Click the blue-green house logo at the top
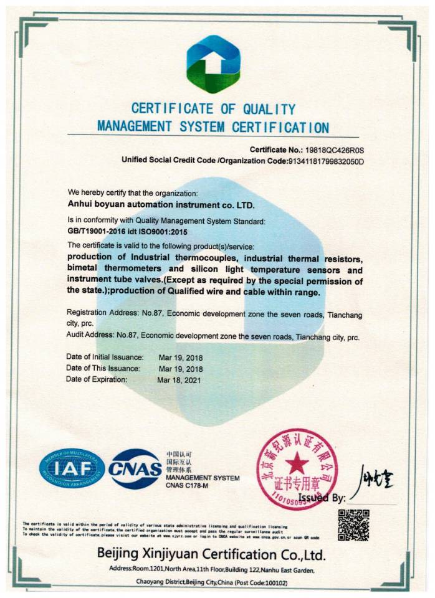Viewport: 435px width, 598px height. coord(214,64)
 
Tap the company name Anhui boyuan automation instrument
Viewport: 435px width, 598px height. coord(161,203)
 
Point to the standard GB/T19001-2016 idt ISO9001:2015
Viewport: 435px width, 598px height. coord(127,231)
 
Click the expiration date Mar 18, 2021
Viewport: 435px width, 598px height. coord(180,379)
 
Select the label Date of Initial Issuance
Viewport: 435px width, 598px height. coord(105,357)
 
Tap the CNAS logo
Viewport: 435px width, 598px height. coord(135,469)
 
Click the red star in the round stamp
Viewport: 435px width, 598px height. coord(298,463)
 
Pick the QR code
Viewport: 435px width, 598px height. coord(353,525)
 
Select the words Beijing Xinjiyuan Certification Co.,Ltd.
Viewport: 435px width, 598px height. coord(211,554)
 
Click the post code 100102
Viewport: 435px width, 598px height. coord(275,582)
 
